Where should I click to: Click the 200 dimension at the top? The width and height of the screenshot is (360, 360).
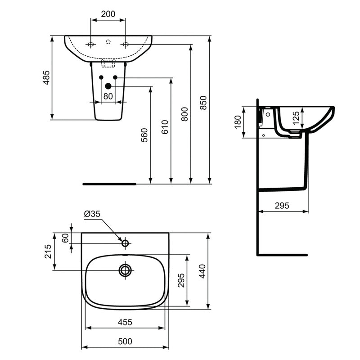pos(108,14)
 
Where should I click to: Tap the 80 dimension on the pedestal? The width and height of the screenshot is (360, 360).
pos(108,96)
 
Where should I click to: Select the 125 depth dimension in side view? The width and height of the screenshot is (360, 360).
pos(295,118)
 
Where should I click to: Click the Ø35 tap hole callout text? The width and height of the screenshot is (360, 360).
pos(92,215)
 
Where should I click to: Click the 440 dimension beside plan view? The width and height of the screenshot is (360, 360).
pos(202,271)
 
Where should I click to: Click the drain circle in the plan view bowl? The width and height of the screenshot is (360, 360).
pos(125,270)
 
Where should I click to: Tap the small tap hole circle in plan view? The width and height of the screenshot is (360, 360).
pos(125,243)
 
